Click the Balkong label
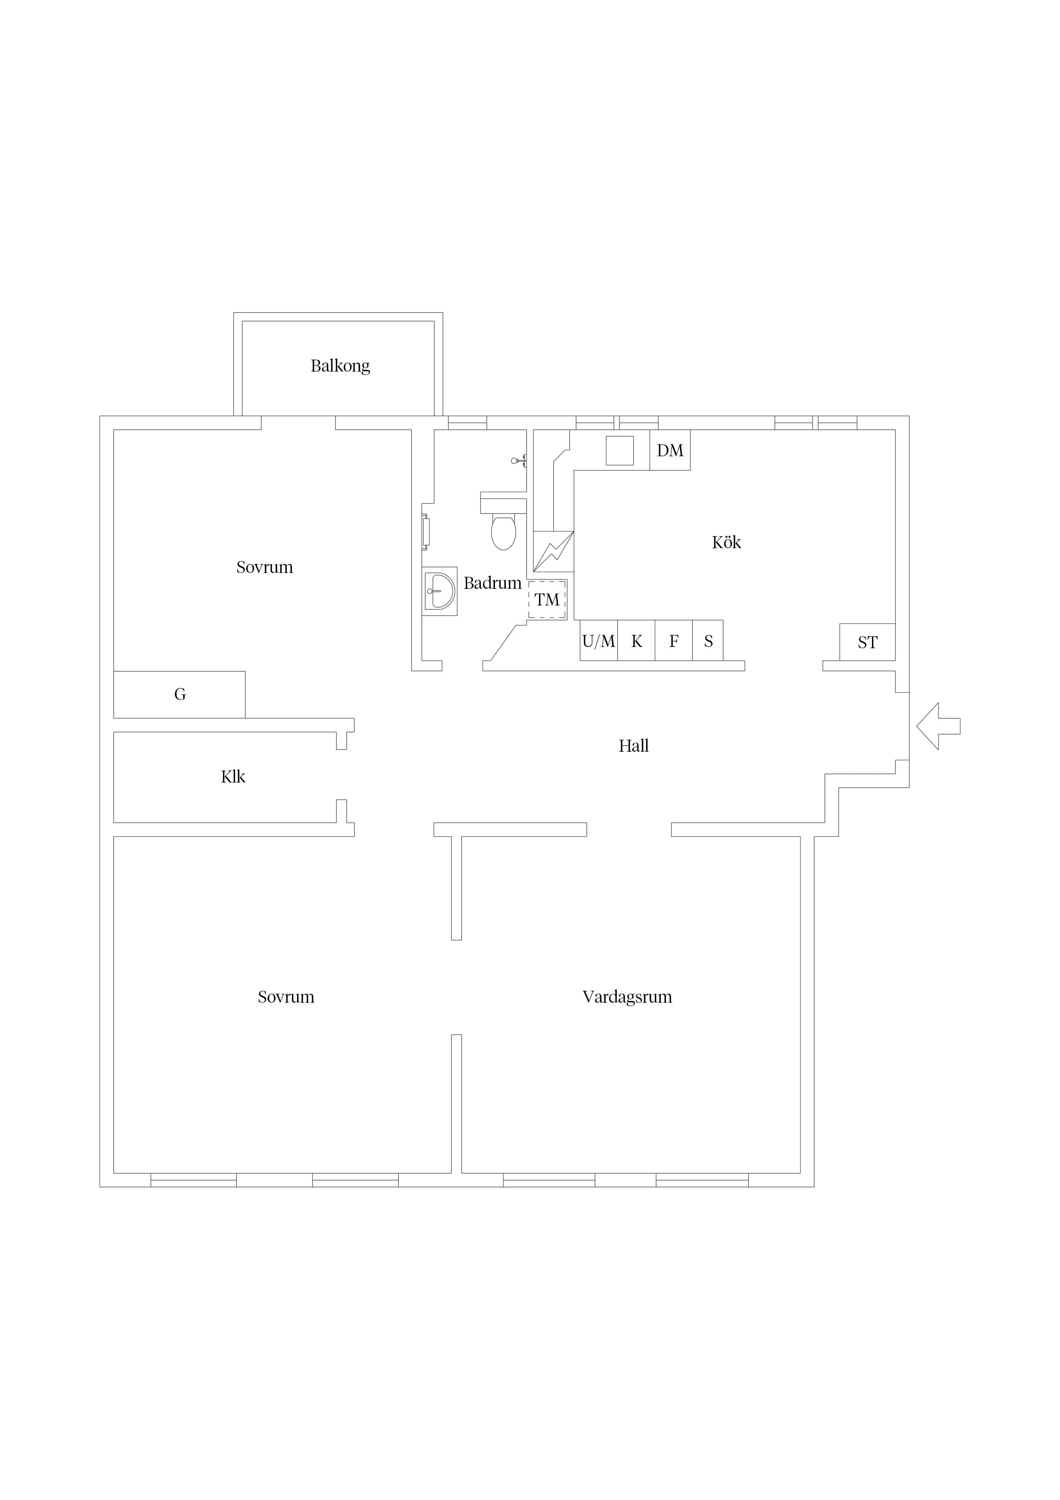coord(340,366)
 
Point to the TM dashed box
coord(547,599)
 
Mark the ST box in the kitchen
coord(867,642)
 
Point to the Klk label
coord(233,777)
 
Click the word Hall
coord(633,746)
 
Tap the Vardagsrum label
coord(627,997)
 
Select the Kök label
coord(726,542)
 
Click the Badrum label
coord(492,583)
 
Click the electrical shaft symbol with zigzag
coord(553,552)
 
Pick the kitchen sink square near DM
coord(620,451)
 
